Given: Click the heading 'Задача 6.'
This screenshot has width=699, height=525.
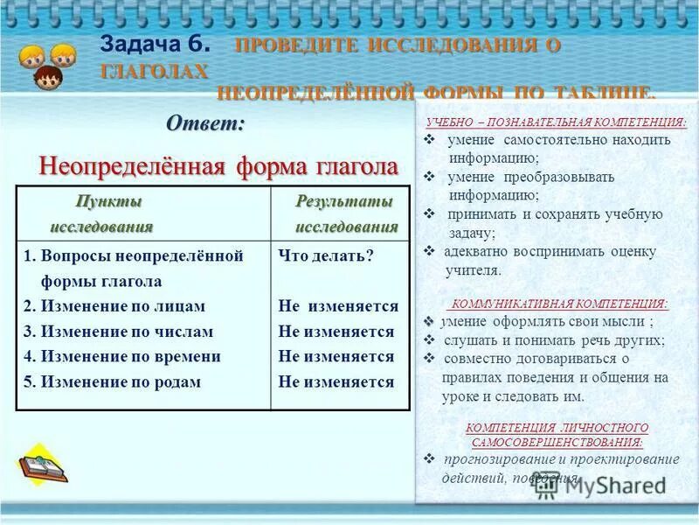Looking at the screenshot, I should click(x=156, y=45).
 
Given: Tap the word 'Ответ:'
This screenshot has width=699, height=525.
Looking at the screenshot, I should click(x=205, y=123).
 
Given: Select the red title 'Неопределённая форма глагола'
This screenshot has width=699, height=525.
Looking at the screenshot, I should click(x=218, y=165).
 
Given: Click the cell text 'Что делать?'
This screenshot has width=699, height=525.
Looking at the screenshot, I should click(x=326, y=255).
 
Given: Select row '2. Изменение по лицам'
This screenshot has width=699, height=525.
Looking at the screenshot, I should click(x=114, y=306).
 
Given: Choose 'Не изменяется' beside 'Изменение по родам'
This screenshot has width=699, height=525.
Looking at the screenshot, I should click(x=336, y=381).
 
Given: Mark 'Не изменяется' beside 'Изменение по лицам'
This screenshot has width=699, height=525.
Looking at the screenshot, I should click(x=338, y=306).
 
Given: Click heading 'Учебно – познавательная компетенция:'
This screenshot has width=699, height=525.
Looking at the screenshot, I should click(x=556, y=122).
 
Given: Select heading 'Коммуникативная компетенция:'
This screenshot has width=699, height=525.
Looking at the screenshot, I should click(x=557, y=304).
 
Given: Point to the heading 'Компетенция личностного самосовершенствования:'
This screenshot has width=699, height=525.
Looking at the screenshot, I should click(x=557, y=435).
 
